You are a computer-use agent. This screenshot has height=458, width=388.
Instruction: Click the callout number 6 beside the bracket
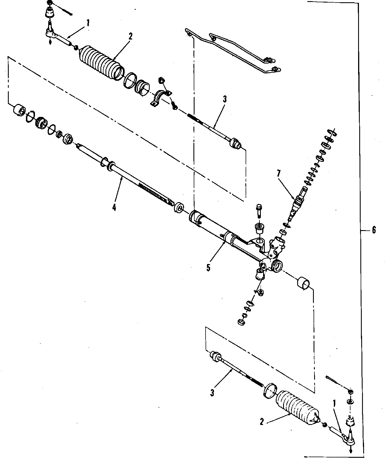pyautogui.click(x=374, y=230)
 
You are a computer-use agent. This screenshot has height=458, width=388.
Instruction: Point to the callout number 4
pyautogui.click(x=114, y=207)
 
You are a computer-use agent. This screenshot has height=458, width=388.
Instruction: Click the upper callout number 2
pyautogui.click(x=130, y=36)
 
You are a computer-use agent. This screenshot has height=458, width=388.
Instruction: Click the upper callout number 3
pyautogui.click(x=224, y=99)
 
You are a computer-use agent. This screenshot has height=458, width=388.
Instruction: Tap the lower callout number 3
pyautogui.click(x=212, y=392)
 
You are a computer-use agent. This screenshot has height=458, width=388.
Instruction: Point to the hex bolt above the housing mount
pyautogui.click(x=259, y=210)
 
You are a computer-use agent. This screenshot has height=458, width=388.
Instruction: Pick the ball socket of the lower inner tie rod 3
pyautogui.click(x=215, y=356)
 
